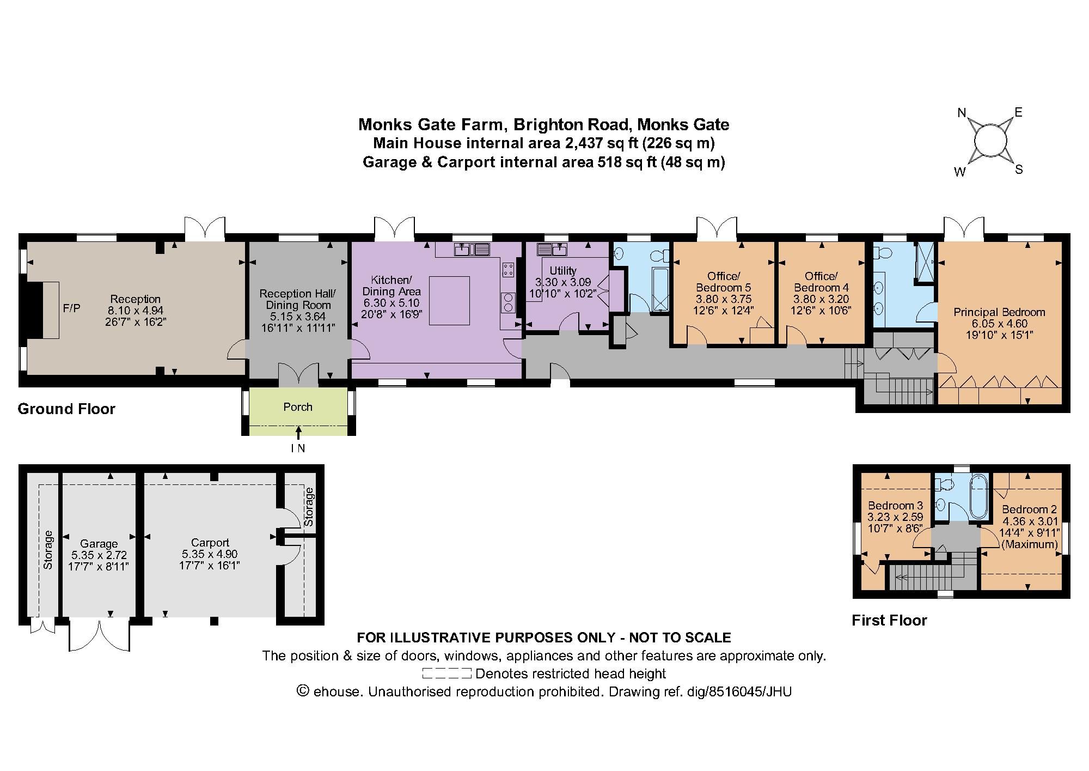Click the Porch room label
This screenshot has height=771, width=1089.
click(x=298, y=407)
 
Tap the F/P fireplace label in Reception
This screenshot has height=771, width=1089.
click(x=71, y=308)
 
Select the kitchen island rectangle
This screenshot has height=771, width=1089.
click(x=449, y=301)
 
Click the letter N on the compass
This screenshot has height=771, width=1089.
click(x=962, y=113)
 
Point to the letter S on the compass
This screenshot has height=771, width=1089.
click(x=1019, y=169)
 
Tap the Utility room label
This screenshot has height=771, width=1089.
click(x=563, y=271)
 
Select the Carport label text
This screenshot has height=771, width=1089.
click(x=210, y=543)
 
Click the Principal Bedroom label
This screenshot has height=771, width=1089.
click(x=999, y=312)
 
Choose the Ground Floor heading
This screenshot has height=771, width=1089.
click(x=66, y=409)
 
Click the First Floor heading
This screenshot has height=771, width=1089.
click(x=889, y=620)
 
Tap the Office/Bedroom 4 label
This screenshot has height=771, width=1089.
click(x=821, y=282)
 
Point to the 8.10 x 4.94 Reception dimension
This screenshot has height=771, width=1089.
click(x=136, y=311)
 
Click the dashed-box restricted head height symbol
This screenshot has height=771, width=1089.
click(x=446, y=673)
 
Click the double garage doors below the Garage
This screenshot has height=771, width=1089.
click(x=100, y=634)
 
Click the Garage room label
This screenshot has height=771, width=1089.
click(x=99, y=544)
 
